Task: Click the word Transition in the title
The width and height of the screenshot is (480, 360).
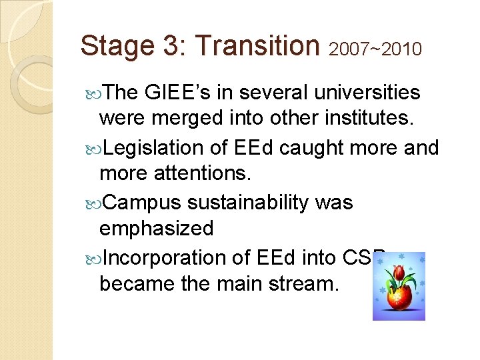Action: point(258,46)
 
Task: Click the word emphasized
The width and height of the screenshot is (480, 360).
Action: point(156,229)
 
